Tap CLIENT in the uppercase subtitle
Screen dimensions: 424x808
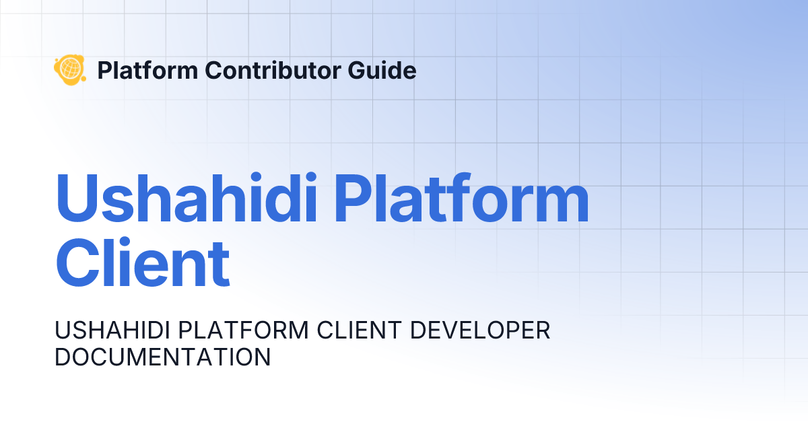(x=351, y=330)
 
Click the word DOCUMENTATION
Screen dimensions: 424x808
(x=162, y=357)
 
